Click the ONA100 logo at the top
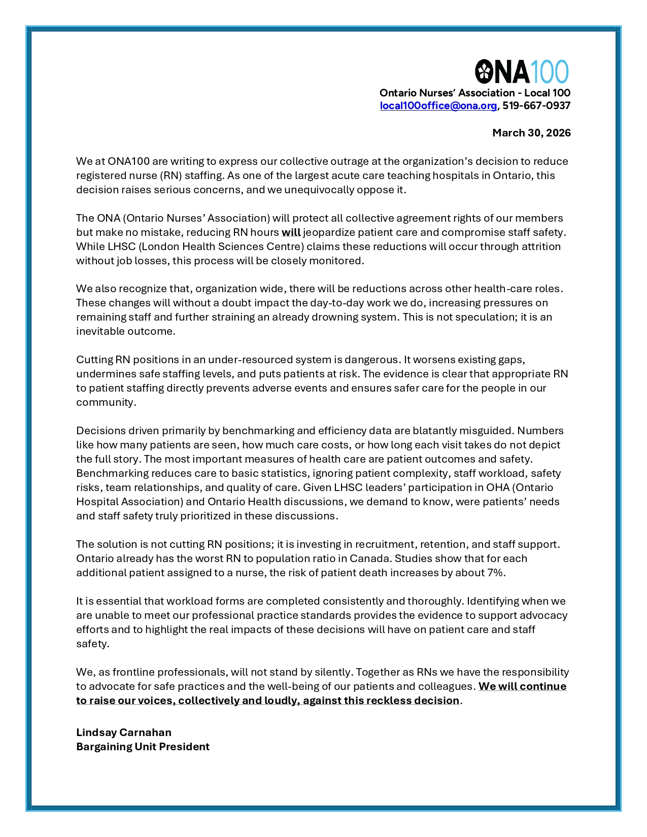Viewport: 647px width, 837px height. tap(522, 72)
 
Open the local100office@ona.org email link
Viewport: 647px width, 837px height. tap(438, 106)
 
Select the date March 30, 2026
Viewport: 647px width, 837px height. tap(531, 133)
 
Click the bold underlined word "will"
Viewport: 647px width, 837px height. tap(291, 232)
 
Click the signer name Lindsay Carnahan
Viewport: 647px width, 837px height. tap(124, 733)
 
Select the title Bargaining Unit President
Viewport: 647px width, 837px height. tap(143, 747)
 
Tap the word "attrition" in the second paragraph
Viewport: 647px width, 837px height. tap(541, 247)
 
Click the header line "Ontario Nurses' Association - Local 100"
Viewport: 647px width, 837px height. tap(474, 93)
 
